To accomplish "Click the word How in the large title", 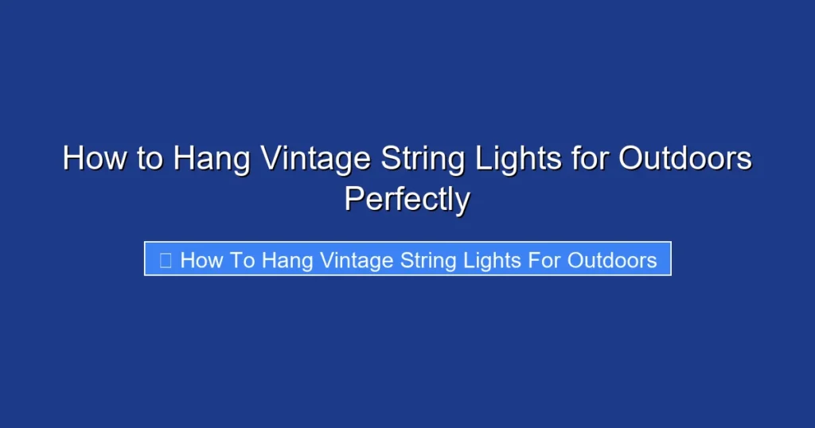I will tap(95, 158).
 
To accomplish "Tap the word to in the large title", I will tap(149, 158).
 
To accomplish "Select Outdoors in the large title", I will tap(685, 158).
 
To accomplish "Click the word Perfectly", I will tap(407, 200).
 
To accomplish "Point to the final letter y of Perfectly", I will tap(462, 203).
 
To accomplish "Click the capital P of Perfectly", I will tap(353, 198).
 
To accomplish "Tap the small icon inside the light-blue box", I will tap(166, 259).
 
